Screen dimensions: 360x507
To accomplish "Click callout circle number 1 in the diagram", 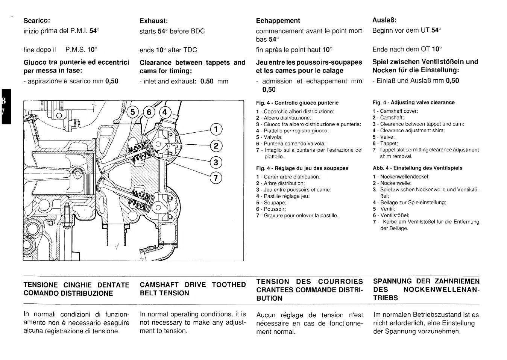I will pyautogui.click(x=216, y=130).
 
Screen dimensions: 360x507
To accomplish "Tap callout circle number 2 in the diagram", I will pyautogui.click(x=216, y=146).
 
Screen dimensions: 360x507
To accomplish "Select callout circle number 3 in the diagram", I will pyautogui.click(x=216, y=162).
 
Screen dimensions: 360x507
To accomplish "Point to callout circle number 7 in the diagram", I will pyautogui.click(x=216, y=177).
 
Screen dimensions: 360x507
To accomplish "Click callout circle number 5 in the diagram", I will pyautogui.click(x=132, y=112).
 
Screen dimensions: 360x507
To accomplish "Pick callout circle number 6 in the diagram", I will pyautogui.click(x=149, y=112).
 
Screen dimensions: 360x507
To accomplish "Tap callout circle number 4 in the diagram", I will pyautogui.click(x=165, y=112).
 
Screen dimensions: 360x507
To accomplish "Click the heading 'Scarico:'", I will pyautogui.click(x=37, y=20).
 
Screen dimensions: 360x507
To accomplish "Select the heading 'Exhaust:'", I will pyautogui.click(x=153, y=21).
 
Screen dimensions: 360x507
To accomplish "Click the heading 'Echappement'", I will pyautogui.click(x=278, y=21).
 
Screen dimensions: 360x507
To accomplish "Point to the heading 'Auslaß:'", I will pyautogui.click(x=384, y=20).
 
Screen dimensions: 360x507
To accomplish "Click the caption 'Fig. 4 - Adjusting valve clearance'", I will pyautogui.click(x=413, y=102).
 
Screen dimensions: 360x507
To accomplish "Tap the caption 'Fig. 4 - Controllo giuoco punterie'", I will pyautogui.click(x=297, y=103).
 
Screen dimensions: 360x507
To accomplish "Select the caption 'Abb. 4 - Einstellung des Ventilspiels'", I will pyautogui.click(x=417, y=168).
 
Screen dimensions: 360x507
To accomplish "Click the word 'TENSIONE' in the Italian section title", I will pyautogui.click(x=41, y=285).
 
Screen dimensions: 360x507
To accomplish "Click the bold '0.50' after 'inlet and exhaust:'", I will pyautogui.click(x=207, y=81).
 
